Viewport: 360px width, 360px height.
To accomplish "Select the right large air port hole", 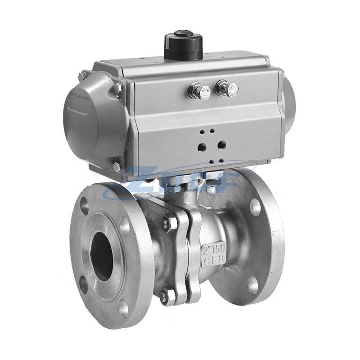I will [x=221, y=144].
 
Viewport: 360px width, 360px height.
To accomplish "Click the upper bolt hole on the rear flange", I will [x=255, y=207].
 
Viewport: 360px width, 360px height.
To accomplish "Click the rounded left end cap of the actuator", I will [x=90, y=121].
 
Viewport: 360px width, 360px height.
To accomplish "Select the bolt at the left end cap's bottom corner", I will [x=117, y=166].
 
